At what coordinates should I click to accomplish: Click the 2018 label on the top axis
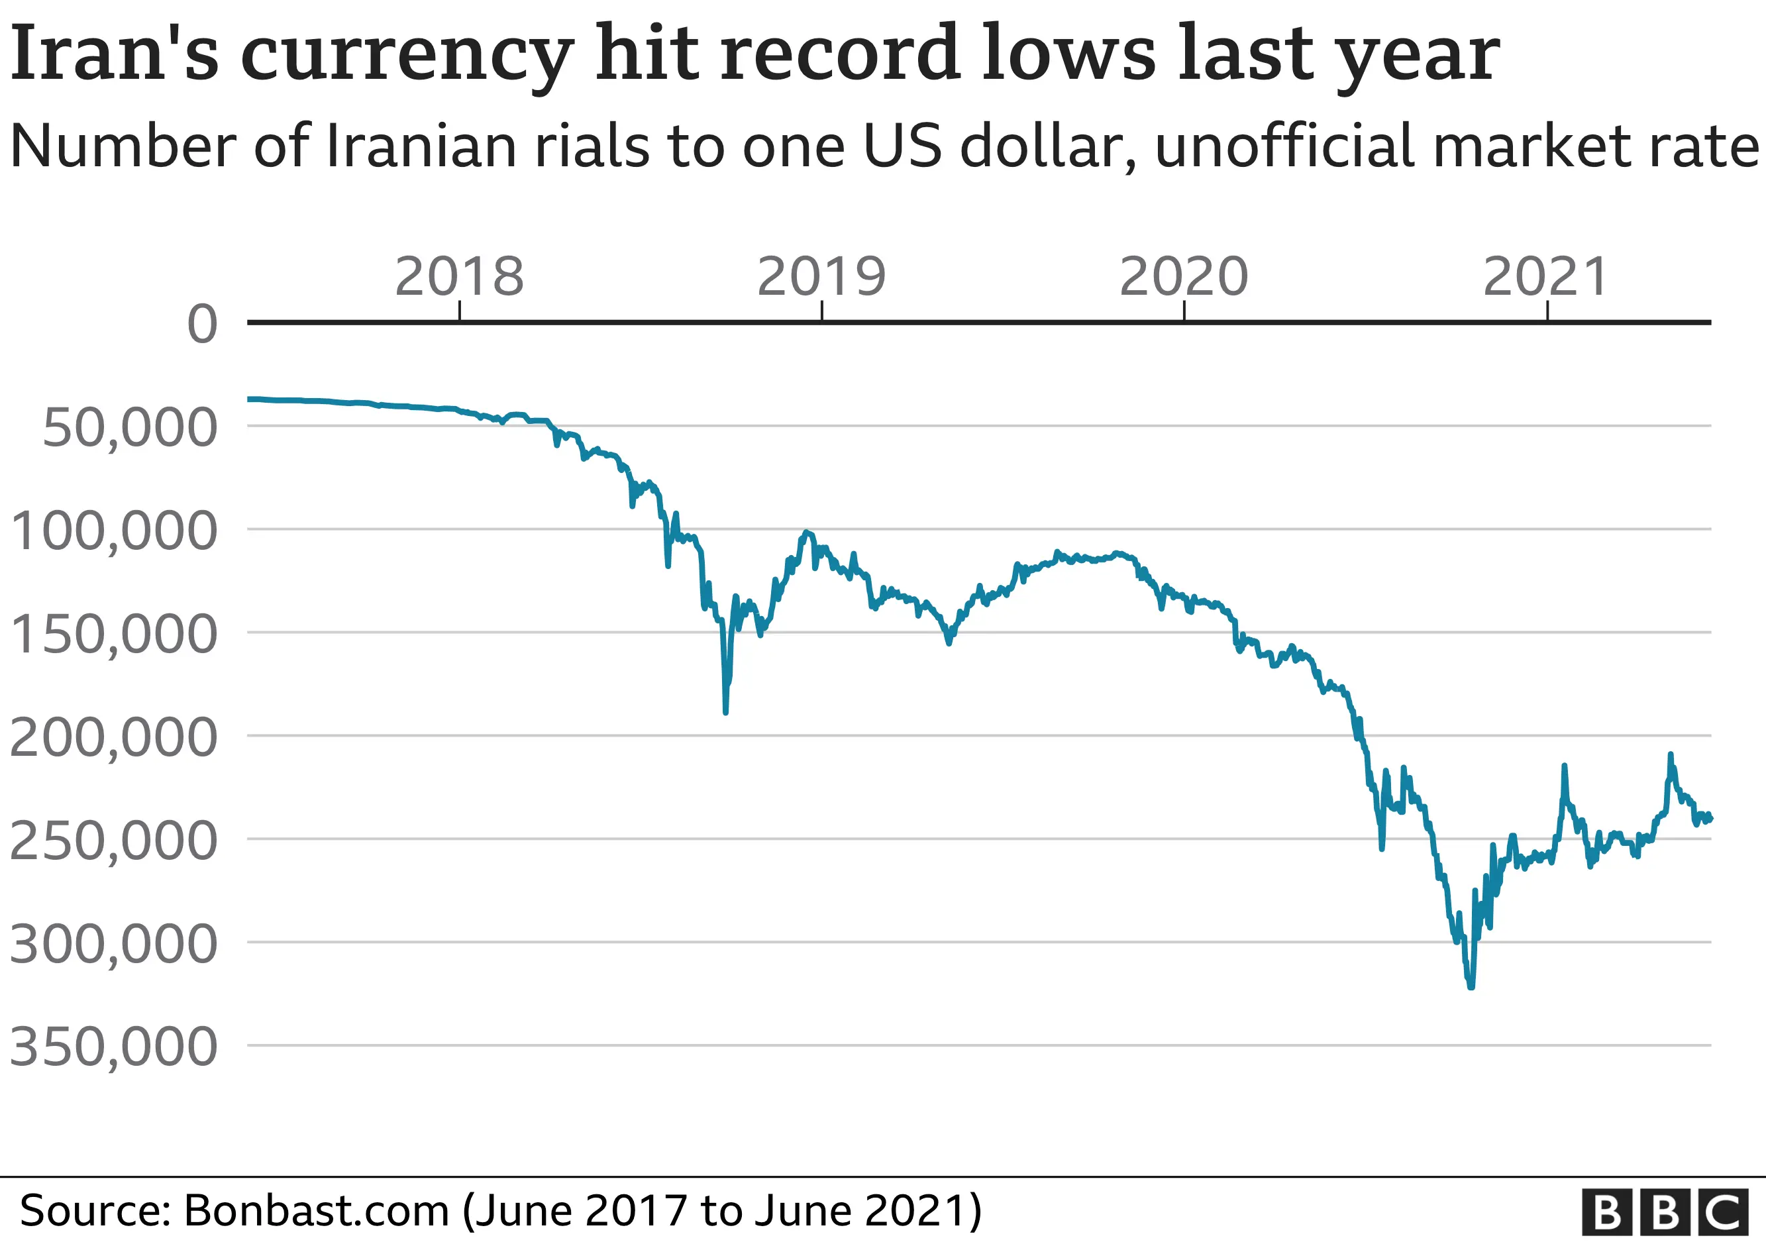(x=459, y=277)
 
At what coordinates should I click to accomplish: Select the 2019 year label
(x=821, y=277)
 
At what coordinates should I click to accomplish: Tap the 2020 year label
(x=1184, y=277)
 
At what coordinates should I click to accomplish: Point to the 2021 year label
(x=1546, y=277)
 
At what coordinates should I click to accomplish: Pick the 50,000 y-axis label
(x=130, y=428)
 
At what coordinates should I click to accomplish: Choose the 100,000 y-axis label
(x=114, y=531)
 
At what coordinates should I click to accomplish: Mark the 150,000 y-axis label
(x=114, y=635)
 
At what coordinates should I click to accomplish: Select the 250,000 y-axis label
(x=114, y=841)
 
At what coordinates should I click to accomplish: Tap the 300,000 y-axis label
(x=114, y=944)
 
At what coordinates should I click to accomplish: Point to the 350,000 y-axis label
(x=114, y=1047)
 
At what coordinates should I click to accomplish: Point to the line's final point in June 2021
(x=1710, y=818)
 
